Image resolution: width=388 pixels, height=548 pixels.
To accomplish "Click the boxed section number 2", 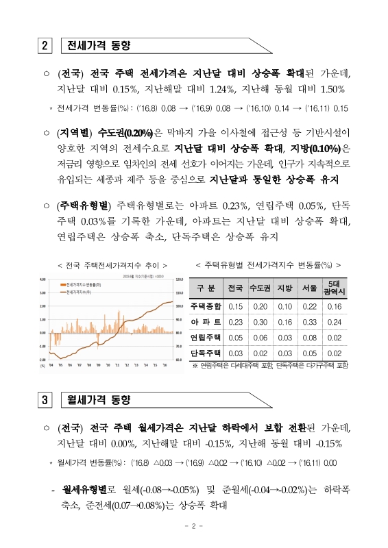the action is point(45,47).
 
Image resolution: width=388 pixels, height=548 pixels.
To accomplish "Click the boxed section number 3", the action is point(45,400).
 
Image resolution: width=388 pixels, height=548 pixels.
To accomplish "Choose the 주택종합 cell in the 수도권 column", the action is point(260,307).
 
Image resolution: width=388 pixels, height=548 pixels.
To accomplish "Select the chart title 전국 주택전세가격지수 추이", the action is point(113,264).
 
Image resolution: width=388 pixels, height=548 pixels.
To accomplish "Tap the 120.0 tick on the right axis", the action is point(180,279).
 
